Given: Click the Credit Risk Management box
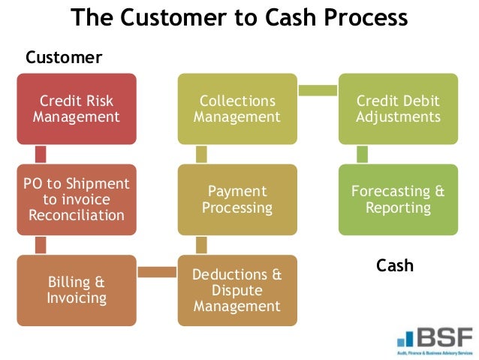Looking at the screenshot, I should tap(77, 109).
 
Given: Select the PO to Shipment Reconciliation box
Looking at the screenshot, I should tap(77, 199).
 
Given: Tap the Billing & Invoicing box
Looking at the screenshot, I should tap(77, 290).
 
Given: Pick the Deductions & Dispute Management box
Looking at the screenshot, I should tap(237, 290).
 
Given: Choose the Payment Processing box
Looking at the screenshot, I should tap(237, 199).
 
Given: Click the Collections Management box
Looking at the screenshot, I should tap(237, 109).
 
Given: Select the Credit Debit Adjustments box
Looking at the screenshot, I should tap(398, 109).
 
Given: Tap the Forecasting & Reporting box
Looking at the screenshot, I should tap(398, 199).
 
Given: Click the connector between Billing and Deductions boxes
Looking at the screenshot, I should tap(157, 271).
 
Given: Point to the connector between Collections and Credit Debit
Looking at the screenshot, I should tap(318, 90).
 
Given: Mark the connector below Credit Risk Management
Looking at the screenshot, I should tap(41, 154).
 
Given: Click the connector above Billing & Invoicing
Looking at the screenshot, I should tap(41, 245).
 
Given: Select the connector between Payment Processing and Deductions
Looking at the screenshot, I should tap(201, 245).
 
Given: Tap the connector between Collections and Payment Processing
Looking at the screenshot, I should tap(201, 154).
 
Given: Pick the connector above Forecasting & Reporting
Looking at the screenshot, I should tap(362, 154).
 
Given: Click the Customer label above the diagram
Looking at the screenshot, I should tap(64, 58).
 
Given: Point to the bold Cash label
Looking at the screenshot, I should tap(395, 265).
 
